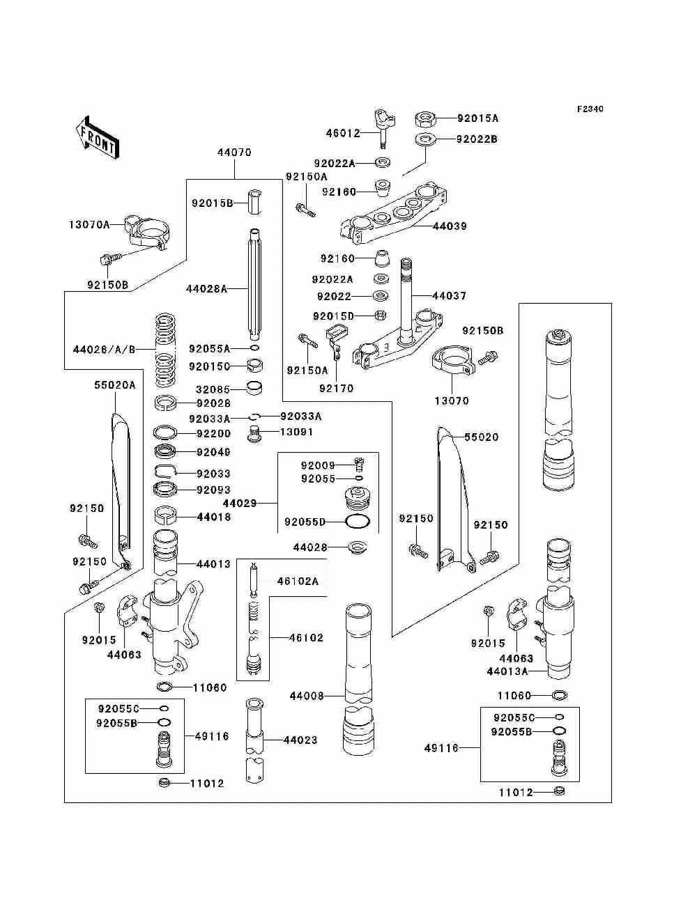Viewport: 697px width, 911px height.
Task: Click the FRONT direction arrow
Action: [97, 137]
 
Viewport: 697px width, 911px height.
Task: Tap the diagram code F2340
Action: [590, 109]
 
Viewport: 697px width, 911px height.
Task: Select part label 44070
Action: [234, 153]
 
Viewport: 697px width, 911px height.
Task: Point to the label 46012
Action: [343, 133]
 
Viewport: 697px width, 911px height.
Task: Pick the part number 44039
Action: [450, 226]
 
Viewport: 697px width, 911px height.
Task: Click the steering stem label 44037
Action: [450, 296]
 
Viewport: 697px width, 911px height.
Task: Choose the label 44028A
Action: [206, 289]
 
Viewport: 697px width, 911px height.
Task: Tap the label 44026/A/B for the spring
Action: [105, 350]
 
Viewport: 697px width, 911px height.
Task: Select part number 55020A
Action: [115, 385]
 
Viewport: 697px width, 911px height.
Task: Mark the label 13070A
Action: [89, 225]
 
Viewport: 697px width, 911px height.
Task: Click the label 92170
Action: [337, 389]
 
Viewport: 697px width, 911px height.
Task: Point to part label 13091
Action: [297, 432]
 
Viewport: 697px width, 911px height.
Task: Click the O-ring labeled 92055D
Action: [358, 521]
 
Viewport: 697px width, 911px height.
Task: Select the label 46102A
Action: [298, 582]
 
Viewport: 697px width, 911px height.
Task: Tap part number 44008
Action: [307, 696]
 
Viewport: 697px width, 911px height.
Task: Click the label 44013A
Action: [507, 671]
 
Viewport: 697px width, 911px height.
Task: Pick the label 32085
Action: [213, 390]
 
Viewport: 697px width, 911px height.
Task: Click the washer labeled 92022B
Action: [425, 139]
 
